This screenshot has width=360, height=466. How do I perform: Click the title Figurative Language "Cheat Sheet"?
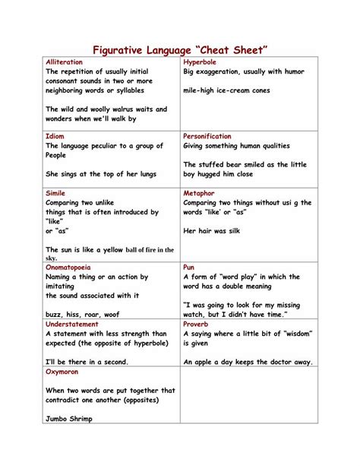(x=181, y=50)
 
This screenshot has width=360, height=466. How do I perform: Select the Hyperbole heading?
(x=200, y=61)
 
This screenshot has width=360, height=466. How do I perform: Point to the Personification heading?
(x=207, y=136)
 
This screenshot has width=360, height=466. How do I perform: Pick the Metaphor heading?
(x=199, y=193)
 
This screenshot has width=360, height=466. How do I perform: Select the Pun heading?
(x=189, y=268)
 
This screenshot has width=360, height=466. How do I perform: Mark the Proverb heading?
(x=197, y=324)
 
